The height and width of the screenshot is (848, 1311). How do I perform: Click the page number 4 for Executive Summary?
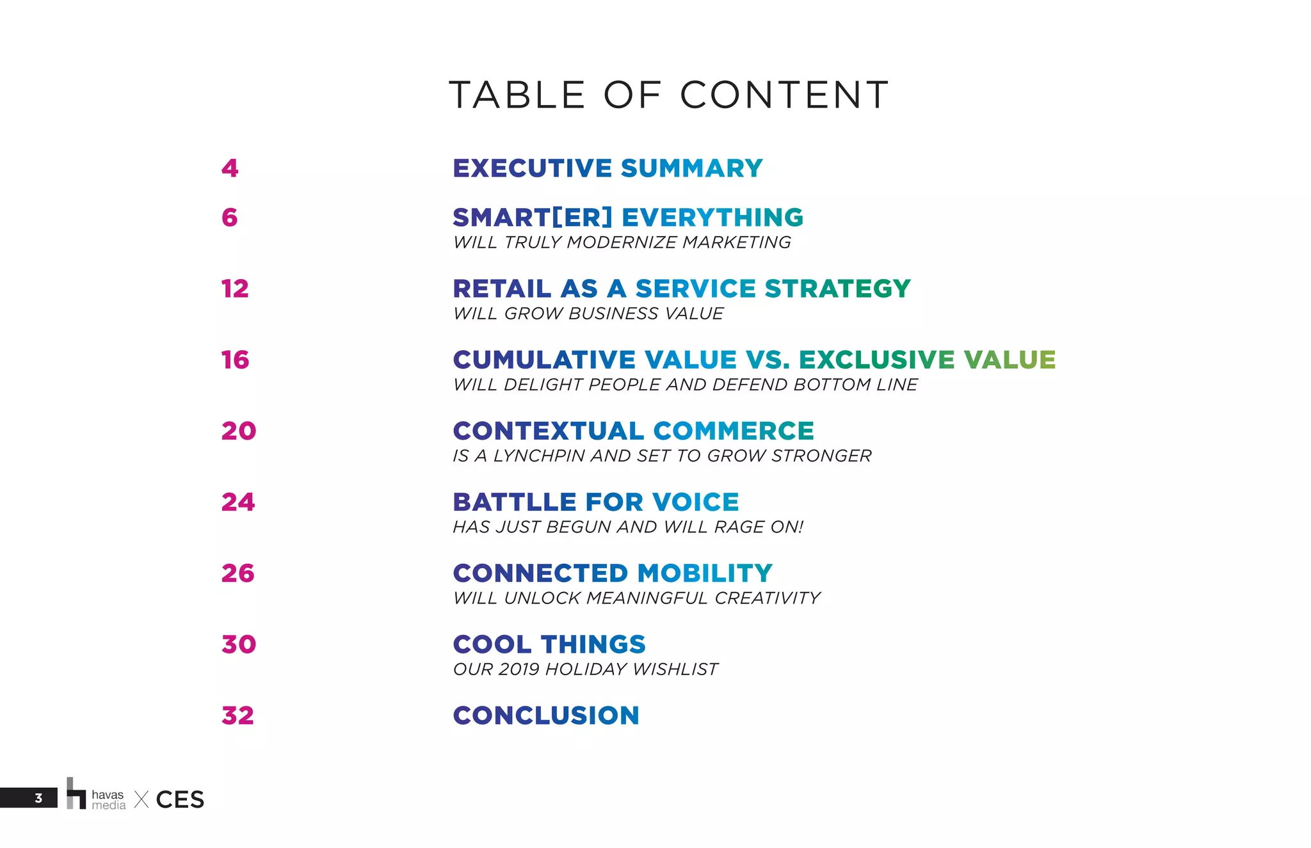(230, 168)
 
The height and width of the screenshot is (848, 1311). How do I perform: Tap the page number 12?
(235, 289)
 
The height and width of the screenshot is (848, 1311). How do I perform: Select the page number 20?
(239, 431)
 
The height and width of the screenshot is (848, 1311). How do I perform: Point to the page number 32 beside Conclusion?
(237, 716)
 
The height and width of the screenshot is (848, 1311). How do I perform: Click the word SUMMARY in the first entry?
(691, 168)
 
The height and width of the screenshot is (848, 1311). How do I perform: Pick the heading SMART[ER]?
(533, 218)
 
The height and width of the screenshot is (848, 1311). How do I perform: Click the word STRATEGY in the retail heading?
(837, 289)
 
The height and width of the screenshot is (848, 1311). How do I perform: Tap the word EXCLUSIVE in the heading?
(876, 360)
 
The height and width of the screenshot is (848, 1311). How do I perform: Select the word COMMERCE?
(733, 431)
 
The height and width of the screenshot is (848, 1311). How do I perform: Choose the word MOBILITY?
(705, 573)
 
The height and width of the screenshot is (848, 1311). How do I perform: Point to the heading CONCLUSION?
(546, 716)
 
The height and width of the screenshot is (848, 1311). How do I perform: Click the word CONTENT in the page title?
(784, 95)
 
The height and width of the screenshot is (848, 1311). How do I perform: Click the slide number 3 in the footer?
(38, 798)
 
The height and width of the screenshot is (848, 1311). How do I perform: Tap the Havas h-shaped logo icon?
(76, 794)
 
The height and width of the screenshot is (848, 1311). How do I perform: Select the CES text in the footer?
(180, 799)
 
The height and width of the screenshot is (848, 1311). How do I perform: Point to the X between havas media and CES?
(141, 799)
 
